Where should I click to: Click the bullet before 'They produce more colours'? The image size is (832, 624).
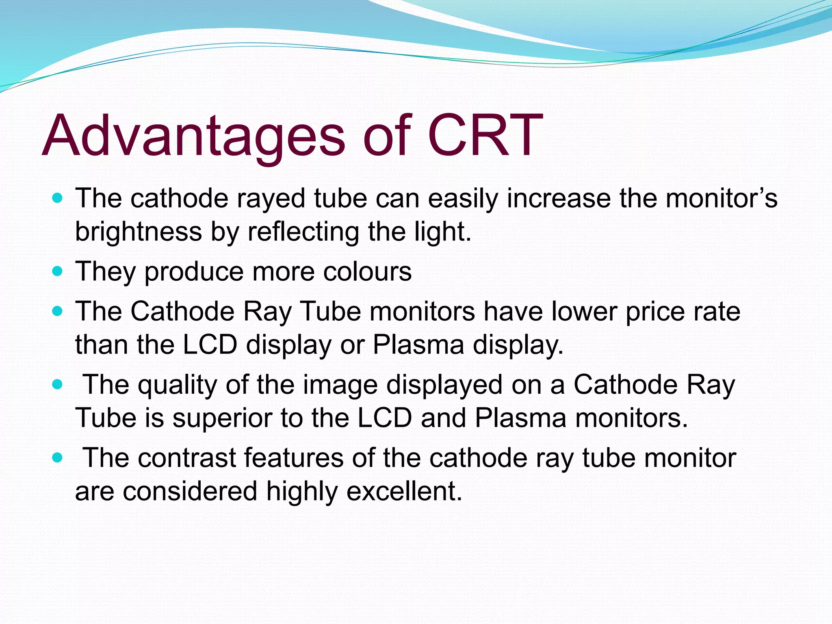58,271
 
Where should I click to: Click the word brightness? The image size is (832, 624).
138,232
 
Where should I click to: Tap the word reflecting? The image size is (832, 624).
303,232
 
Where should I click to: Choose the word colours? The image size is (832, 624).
367,271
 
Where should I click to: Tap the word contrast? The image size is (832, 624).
187,458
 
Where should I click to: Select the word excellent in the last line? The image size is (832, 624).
404,491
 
